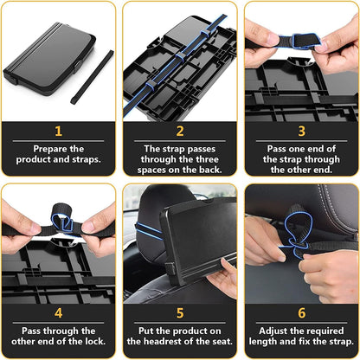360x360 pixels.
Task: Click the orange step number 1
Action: click(59, 132)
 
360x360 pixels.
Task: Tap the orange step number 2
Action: click(179, 132)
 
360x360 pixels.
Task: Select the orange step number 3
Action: click(300, 132)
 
